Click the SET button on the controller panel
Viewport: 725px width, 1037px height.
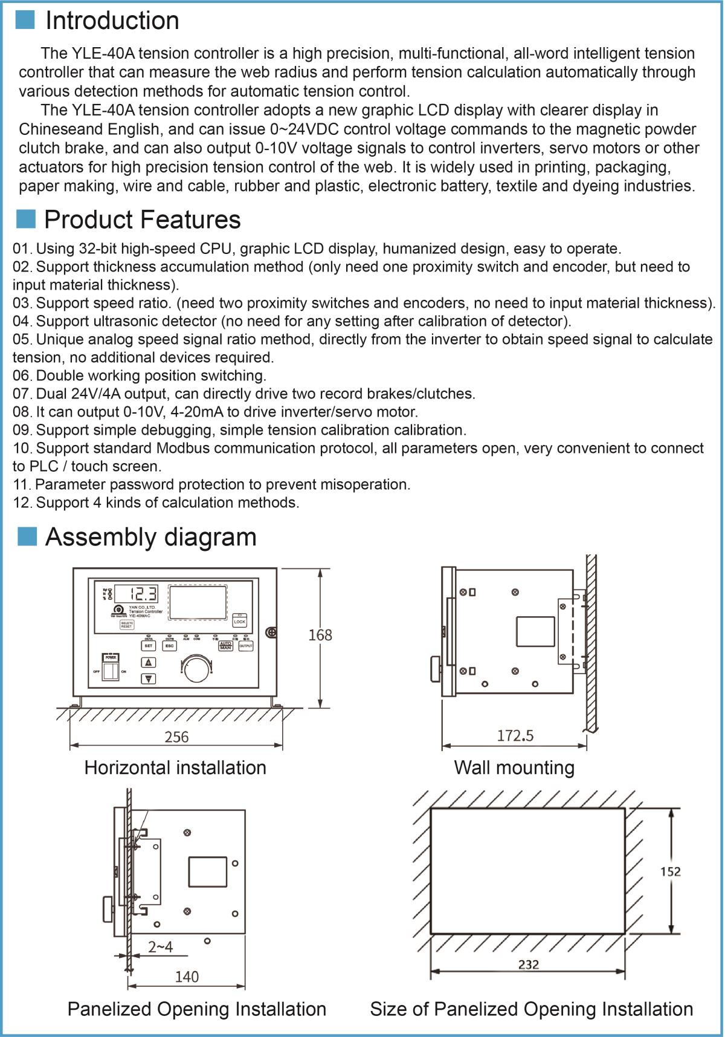click(149, 646)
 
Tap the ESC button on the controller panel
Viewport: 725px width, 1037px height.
click(170, 646)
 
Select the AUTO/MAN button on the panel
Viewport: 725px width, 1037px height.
click(225, 646)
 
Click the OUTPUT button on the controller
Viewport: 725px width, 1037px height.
click(245, 646)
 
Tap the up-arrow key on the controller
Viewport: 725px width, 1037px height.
click(149, 663)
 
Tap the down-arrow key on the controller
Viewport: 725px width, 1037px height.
click(149, 678)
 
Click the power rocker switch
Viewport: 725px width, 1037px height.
click(110, 671)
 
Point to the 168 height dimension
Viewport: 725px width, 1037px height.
click(320, 635)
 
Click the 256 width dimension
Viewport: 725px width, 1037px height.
click(176, 737)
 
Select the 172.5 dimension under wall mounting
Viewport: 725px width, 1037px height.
click(515, 735)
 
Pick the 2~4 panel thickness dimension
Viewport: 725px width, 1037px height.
click(160, 947)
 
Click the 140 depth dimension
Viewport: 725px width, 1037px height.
click(187, 977)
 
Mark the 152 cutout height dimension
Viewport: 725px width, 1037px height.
click(671, 871)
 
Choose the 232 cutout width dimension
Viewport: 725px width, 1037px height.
click(529, 964)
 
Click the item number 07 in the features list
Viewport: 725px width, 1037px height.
click(21, 394)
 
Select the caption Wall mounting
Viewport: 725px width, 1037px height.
click(514, 768)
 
